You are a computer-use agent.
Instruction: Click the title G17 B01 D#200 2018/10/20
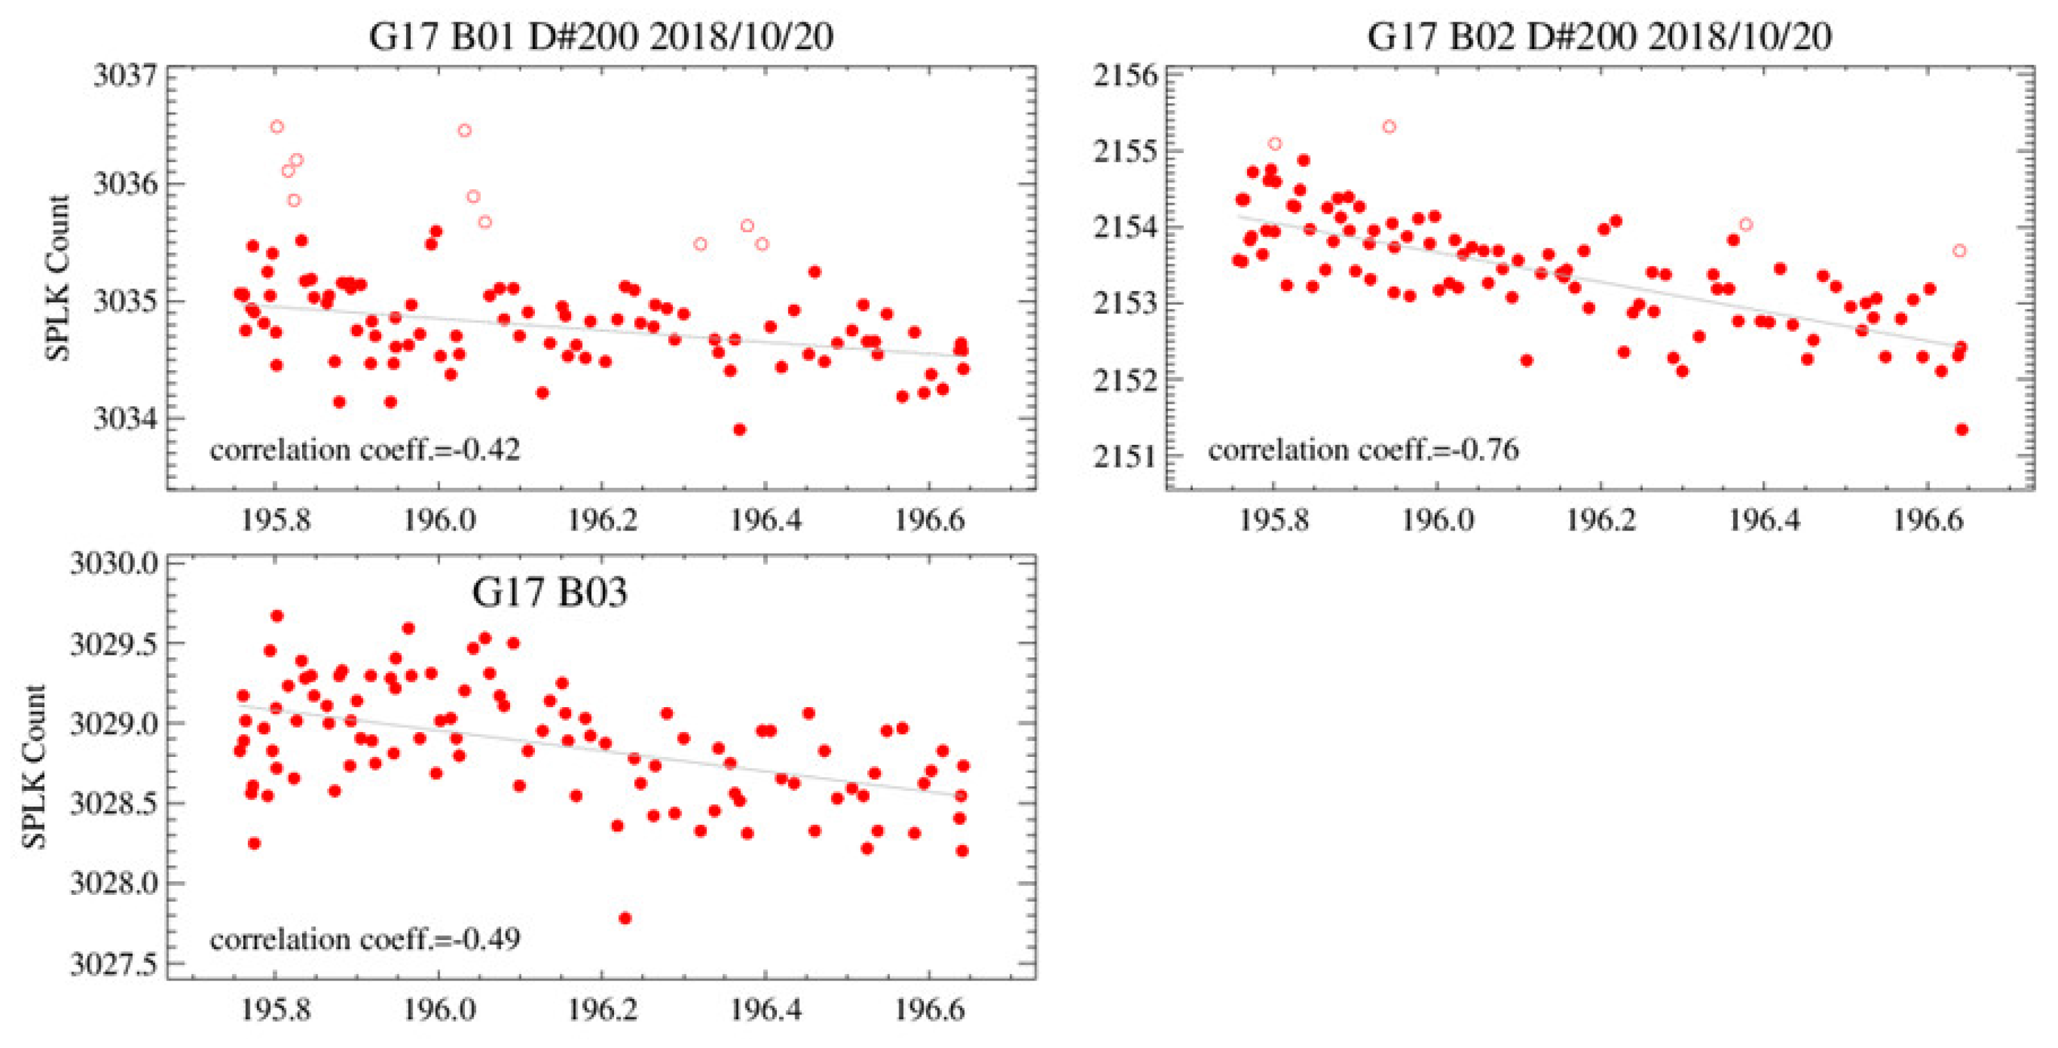click(601, 37)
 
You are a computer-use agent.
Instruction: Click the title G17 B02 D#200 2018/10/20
click(1600, 37)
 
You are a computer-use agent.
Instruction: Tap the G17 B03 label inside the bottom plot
click(550, 592)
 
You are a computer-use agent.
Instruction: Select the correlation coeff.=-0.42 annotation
click(365, 449)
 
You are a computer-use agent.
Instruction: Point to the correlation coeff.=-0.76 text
click(1363, 450)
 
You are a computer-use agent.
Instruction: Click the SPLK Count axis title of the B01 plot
click(58, 278)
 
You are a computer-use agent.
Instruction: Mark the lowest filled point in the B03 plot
click(625, 918)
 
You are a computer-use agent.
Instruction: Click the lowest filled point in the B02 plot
click(1961, 429)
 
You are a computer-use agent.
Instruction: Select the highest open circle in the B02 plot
click(1389, 126)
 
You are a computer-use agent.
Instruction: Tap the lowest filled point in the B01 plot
click(739, 429)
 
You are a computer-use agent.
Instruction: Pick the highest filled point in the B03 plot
click(277, 616)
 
